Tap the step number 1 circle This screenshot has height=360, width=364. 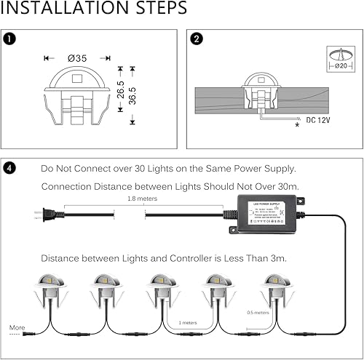tap(7, 37)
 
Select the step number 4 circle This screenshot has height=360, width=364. tap(7, 168)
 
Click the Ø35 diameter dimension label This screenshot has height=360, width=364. tap(76, 57)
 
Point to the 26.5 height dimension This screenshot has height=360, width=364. tap(120, 89)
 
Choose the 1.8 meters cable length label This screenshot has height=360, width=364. tap(142, 197)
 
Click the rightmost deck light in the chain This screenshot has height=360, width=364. tap(277, 291)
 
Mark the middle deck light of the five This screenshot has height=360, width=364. tap(162, 291)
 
